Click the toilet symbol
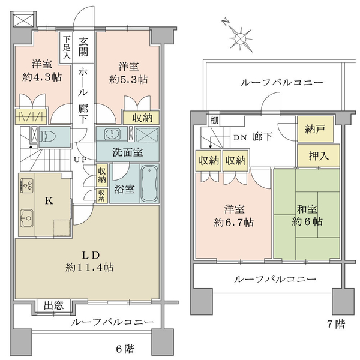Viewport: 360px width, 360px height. coord(47,136)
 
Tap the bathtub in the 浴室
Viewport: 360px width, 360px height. coord(149,184)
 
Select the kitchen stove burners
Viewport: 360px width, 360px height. coord(27,185)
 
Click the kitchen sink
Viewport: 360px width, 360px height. coord(26,218)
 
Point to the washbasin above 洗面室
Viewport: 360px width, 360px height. coord(112,134)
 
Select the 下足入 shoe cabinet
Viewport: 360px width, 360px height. coord(66,47)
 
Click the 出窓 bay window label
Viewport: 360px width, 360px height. coord(54,305)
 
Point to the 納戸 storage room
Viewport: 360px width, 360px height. coord(315,129)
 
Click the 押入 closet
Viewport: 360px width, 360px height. coord(319,155)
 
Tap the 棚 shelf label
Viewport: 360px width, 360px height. coord(214,121)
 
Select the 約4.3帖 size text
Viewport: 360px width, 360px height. coord(42,77)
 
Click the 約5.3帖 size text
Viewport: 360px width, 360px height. coord(128,79)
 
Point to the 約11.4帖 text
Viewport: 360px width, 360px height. coord(89,267)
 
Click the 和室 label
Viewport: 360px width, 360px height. coord(307,209)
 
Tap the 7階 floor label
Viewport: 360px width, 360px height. coord(336,324)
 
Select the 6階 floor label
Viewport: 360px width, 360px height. coord(125,349)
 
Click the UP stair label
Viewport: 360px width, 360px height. coord(80,159)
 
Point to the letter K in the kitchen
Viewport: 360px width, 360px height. coord(49,201)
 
